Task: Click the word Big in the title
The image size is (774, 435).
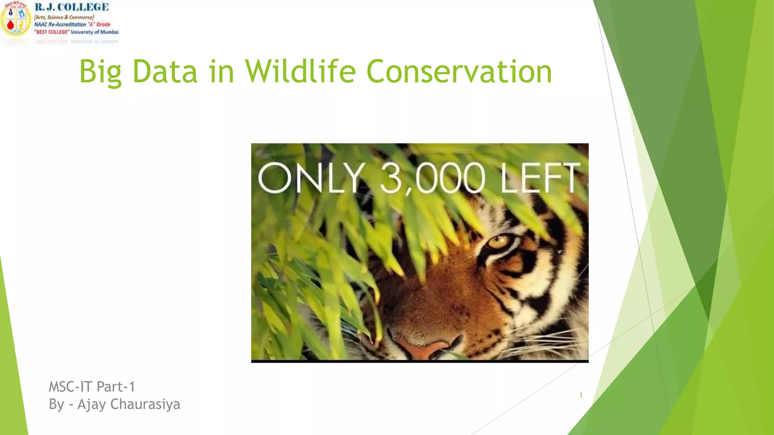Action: coord(100,72)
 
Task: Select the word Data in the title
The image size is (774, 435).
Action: coord(165,72)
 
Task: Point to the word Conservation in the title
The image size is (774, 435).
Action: coord(459,72)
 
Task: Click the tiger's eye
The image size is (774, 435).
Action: coord(498,241)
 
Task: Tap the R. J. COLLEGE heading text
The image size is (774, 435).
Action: coord(72,7)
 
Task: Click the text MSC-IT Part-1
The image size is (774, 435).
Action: coord(92,387)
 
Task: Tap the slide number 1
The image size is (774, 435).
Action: coord(581,395)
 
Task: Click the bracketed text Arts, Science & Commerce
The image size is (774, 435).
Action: coord(64,17)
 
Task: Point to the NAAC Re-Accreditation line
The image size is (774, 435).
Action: coord(72,25)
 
